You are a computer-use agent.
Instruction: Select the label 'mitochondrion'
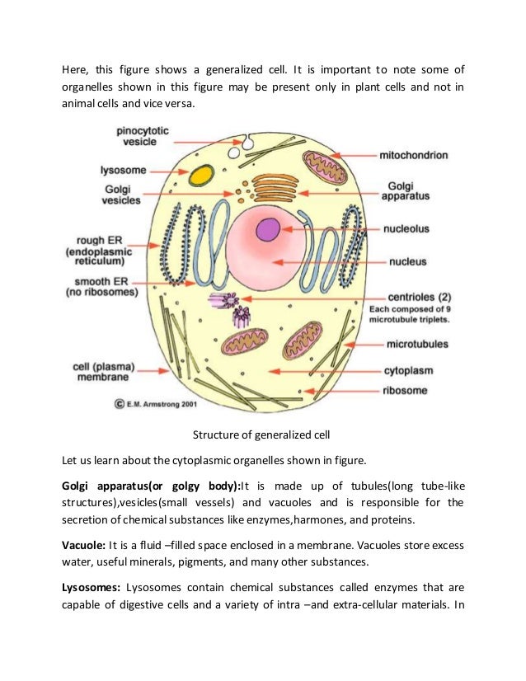click(x=413, y=154)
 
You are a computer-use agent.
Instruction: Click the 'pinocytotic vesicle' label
click(x=143, y=135)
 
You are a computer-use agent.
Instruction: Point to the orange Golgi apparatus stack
click(x=275, y=189)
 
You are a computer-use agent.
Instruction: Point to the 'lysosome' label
click(x=123, y=170)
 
